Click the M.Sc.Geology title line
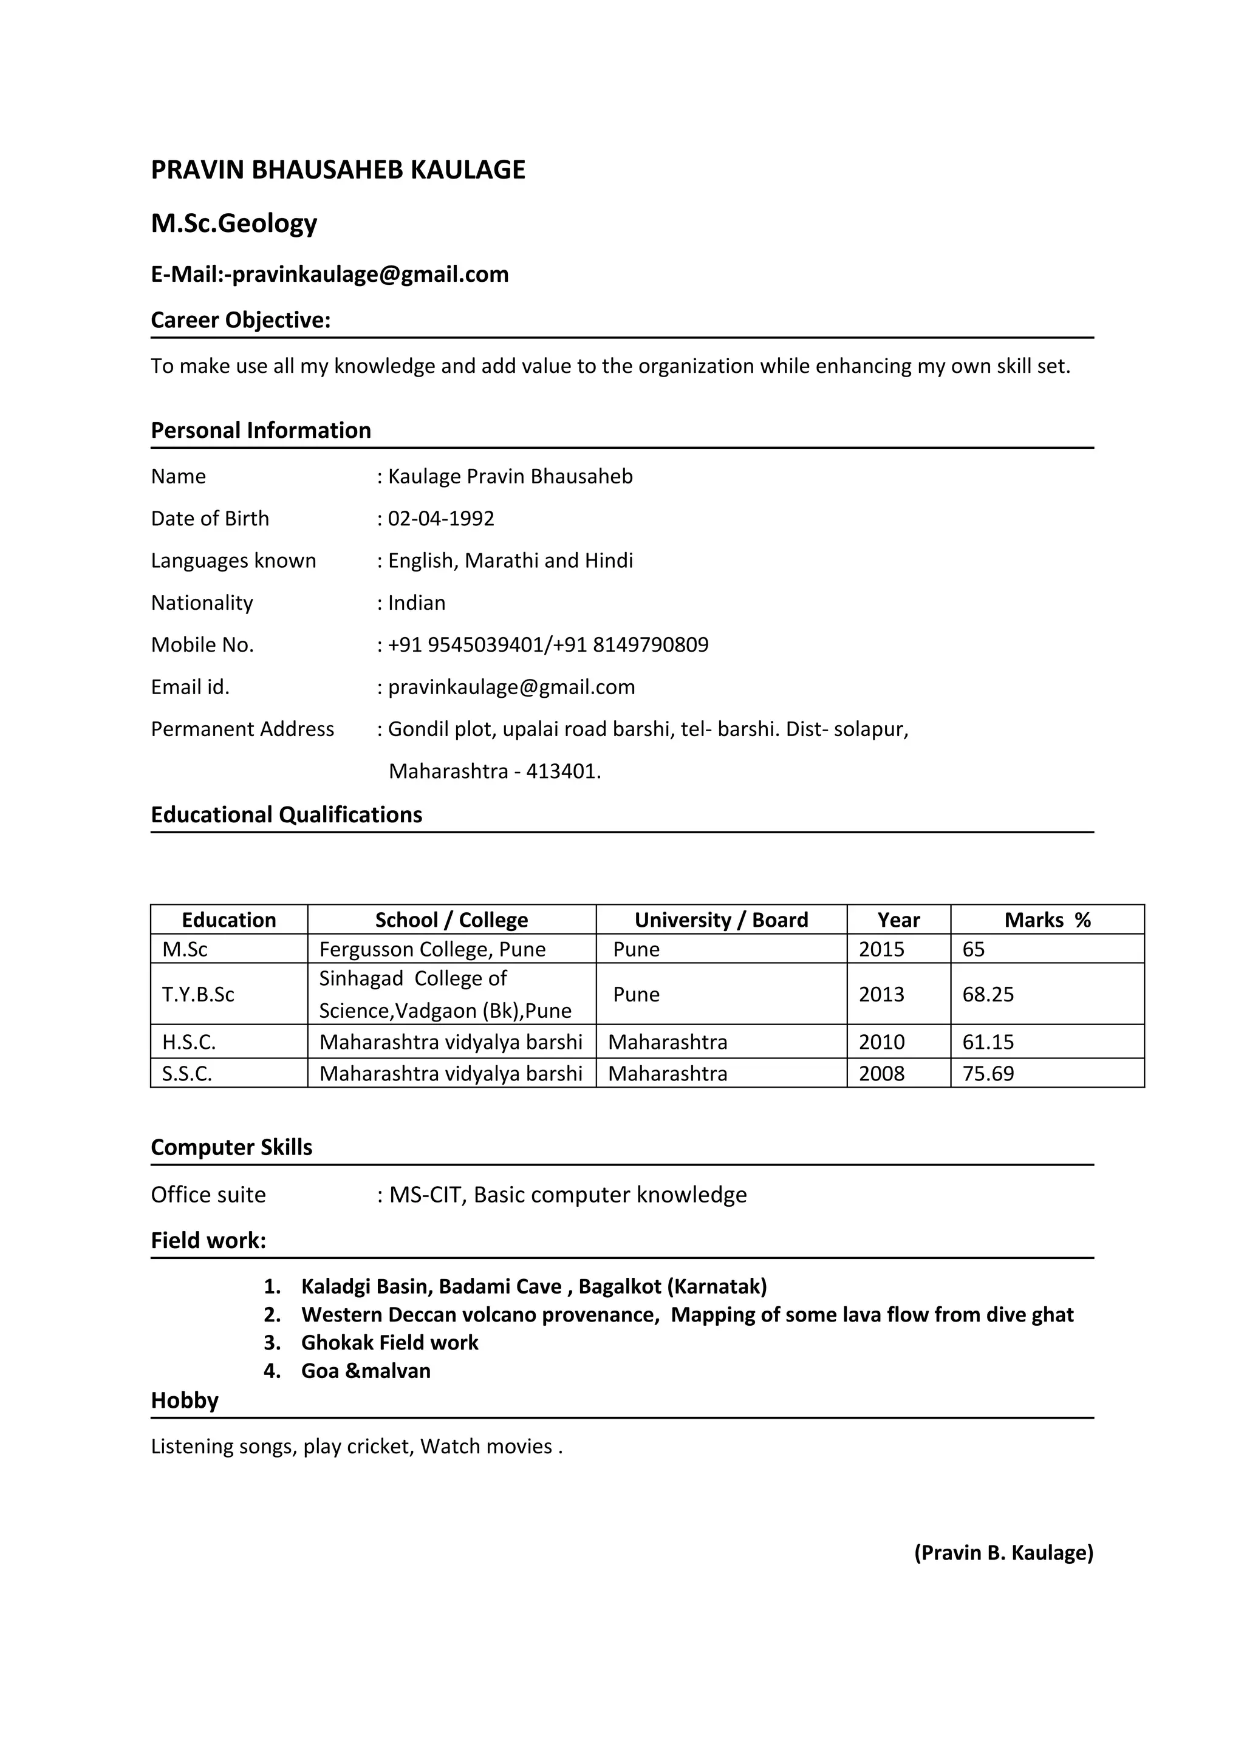click(x=234, y=223)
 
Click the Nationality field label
click(x=202, y=602)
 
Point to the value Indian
click(x=416, y=602)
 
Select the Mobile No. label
click(x=202, y=645)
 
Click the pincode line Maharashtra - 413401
click(x=494, y=771)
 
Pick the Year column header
click(x=898, y=920)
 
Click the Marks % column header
click(x=1047, y=920)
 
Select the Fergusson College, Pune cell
click(x=432, y=949)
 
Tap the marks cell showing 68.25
click(x=988, y=994)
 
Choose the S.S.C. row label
click(x=187, y=1073)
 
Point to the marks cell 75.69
click(x=988, y=1073)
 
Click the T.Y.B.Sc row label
click(x=198, y=994)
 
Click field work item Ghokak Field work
click(x=389, y=1342)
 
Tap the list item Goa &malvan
click(x=366, y=1371)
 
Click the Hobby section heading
click(x=185, y=1400)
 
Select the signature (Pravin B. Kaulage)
click(x=1003, y=1552)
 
